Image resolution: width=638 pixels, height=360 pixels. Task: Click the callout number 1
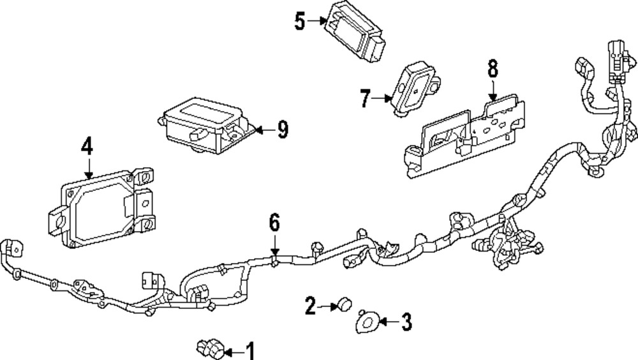pyautogui.click(x=249, y=350)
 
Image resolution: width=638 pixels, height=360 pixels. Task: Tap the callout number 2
pyautogui.click(x=311, y=306)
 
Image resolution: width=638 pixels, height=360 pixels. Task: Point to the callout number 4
pyautogui.click(x=87, y=147)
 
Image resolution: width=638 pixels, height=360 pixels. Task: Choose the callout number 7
pyautogui.click(x=366, y=98)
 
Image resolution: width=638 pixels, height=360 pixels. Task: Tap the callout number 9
pyautogui.click(x=281, y=130)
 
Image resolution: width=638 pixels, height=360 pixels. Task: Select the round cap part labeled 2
pyautogui.click(x=346, y=303)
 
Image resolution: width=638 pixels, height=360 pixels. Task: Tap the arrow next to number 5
pyautogui.click(x=317, y=21)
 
